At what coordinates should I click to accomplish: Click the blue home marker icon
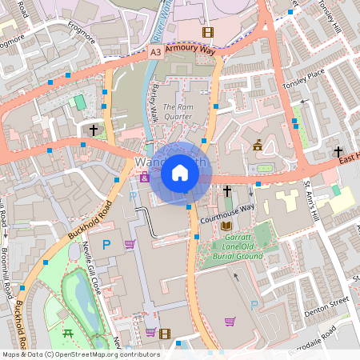tap(180, 173)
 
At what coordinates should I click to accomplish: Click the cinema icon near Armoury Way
tap(208, 32)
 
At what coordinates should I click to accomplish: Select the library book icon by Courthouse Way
tap(226, 226)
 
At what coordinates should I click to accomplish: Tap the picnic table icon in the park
tap(67, 332)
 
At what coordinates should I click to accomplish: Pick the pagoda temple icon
tap(258, 145)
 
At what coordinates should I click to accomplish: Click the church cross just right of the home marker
tap(227, 191)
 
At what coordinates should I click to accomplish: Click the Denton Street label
tap(328, 302)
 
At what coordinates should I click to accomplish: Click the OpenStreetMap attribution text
tap(80, 354)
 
